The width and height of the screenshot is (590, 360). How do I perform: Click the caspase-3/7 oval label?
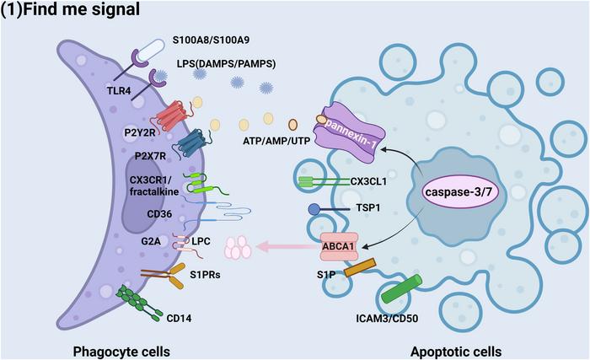(459, 192)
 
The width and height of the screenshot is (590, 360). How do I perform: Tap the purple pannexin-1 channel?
(350, 131)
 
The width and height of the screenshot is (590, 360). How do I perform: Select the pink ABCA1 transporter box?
(339, 247)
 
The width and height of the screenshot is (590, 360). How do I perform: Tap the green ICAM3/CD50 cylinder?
(401, 289)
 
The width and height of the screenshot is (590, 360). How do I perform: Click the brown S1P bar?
(360, 267)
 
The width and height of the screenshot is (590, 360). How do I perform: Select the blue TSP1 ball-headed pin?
(328, 209)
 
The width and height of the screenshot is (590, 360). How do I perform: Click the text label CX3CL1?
(368, 181)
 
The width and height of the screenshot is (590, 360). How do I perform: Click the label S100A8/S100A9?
(211, 40)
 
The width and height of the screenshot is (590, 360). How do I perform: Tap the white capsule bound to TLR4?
(151, 51)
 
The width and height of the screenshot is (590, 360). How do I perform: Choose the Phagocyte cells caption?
(121, 352)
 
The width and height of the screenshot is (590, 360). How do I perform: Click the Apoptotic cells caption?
(456, 352)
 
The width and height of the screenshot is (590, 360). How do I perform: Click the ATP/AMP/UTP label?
(276, 141)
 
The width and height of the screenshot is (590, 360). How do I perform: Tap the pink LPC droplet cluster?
(238, 248)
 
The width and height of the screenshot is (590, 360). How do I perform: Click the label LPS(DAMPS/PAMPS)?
(226, 63)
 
